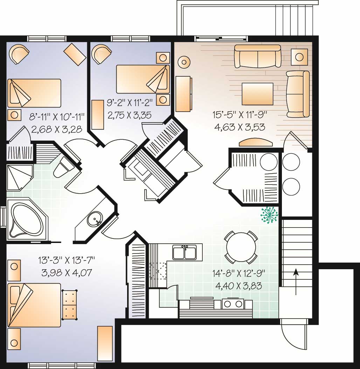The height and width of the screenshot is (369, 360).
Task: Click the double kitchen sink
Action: [185, 252]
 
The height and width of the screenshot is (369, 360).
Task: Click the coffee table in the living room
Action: [257, 93]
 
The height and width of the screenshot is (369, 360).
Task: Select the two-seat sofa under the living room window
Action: [257, 56]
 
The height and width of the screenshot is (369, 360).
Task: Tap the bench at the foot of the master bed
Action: [69, 304]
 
